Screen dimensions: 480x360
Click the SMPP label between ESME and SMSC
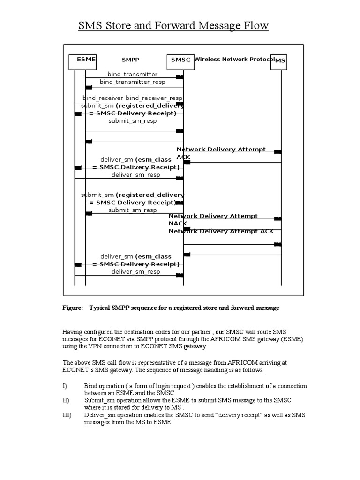[130, 60]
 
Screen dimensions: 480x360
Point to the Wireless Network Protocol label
[234, 60]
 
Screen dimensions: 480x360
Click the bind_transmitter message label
[133, 74]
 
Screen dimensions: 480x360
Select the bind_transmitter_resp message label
[132, 82]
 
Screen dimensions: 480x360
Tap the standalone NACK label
[178, 224]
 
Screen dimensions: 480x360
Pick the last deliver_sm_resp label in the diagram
[135, 271]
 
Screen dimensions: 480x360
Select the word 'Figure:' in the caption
[73, 308]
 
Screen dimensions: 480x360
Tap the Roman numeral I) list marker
[65, 386]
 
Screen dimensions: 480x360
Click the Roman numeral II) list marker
[66, 400]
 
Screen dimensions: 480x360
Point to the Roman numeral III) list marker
[67, 415]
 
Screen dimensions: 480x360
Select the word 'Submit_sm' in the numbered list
[99, 400]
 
